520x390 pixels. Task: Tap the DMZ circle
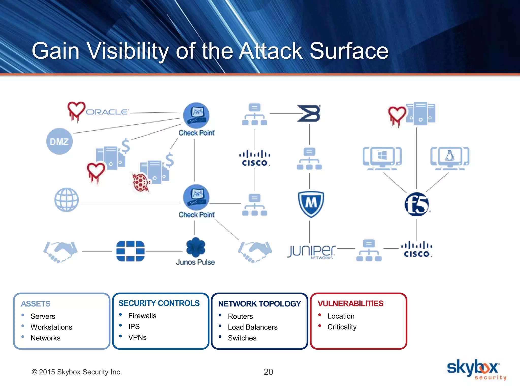(59, 141)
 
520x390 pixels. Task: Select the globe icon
(67, 200)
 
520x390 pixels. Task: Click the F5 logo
(417, 204)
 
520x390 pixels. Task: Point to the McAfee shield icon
(311, 204)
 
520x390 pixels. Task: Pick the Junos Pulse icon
(195, 247)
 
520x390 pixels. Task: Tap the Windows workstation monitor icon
(382, 158)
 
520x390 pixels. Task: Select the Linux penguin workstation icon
(450, 158)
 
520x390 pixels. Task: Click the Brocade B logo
(309, 113)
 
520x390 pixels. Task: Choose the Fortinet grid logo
(130, 251)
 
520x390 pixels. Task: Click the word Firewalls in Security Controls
(142, 316)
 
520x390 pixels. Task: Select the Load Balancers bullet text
(252, 327)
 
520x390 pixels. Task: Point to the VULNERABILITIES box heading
(350, 303)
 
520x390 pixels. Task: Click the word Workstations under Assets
(51, 327)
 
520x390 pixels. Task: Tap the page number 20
(268, 372)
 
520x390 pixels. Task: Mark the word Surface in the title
(349, 51)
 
